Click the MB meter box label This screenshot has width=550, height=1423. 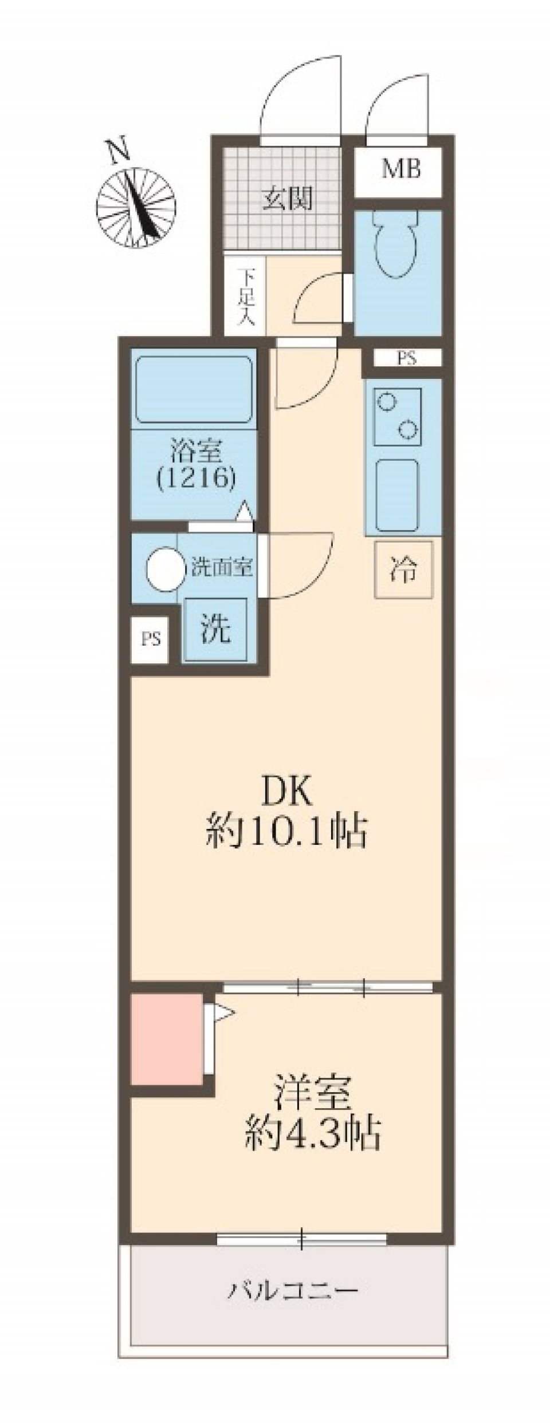tap(401, 169)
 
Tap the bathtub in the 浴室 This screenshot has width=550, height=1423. tap(194, 390)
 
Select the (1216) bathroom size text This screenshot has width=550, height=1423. tap(195, 478)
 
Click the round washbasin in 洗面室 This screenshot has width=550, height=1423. tap(165, 568)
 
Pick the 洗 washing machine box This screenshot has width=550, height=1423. tap(214, 629)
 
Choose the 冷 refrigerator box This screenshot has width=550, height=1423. tap(403, 570)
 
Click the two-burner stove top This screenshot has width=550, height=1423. tap(398, 417)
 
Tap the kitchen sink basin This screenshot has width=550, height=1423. tap(397, 495)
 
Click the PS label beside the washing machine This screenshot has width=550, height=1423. tap(151, 639)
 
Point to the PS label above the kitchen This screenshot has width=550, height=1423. tap(406, 359)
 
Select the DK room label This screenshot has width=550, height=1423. tap(286, 793)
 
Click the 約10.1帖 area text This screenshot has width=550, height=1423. tap(286, 832)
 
